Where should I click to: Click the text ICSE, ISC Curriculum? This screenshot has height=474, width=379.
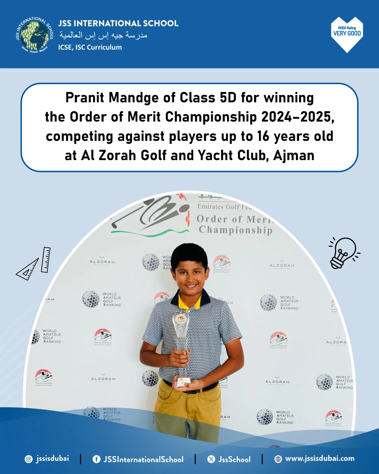tap(90, 47)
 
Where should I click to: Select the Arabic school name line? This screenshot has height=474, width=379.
tap(103, 35)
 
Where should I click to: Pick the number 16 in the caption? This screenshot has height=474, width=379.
tap(263, 136)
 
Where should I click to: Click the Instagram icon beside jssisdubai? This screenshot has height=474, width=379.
tap(29, 459)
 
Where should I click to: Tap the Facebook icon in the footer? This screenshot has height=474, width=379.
tap(96, 459)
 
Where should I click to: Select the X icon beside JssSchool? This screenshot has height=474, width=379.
tap(211, 459)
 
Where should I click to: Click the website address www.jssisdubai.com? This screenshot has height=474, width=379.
tap(319, 459)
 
